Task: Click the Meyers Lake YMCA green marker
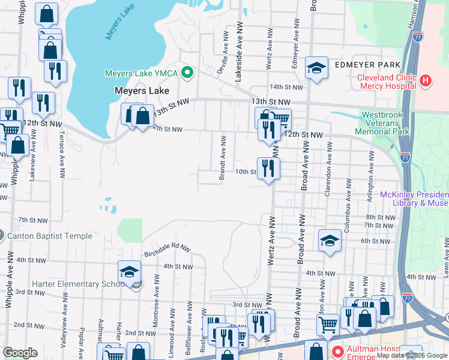tap(187, 73)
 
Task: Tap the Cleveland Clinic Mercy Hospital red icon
tap(425, 80)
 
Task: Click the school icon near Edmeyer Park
tap(316, 68)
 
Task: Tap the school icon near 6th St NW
tap(329, 241)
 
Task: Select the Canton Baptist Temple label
tap(49, 236)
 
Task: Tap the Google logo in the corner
tap(20, 353)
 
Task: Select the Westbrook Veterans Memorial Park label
tap(386, 122)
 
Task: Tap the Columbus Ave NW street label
tap(348, 203)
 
